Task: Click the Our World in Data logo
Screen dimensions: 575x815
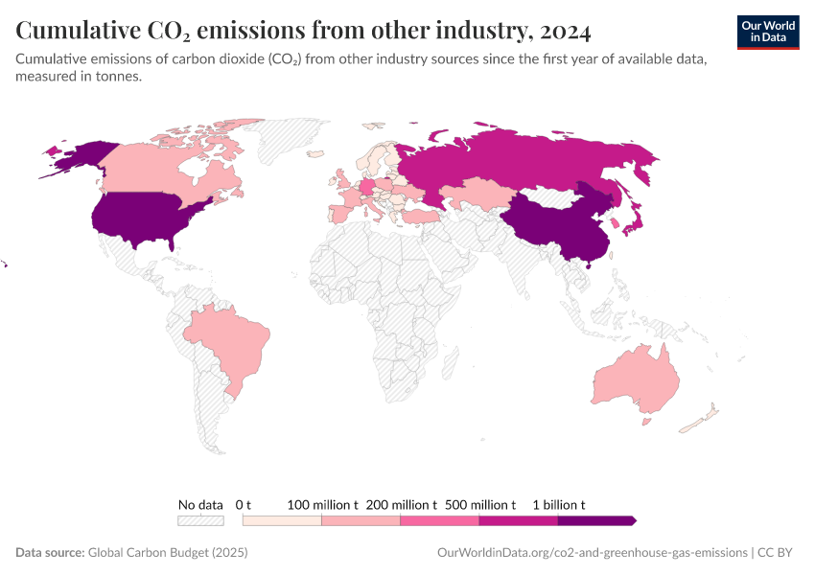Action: pos(768,32)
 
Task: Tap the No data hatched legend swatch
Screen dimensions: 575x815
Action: pos(200,520)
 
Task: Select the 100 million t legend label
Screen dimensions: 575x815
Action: pos(323,504)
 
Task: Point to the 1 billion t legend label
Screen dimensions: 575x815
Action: pos(559,504)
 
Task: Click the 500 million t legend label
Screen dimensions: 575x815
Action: pos(480,504)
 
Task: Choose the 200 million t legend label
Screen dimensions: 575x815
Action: pos(402,504)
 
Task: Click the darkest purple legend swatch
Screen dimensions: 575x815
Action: pos(595,520)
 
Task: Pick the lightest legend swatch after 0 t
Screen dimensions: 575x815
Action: pos(282,520)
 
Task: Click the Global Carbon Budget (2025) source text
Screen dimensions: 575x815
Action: pos(167,553)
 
